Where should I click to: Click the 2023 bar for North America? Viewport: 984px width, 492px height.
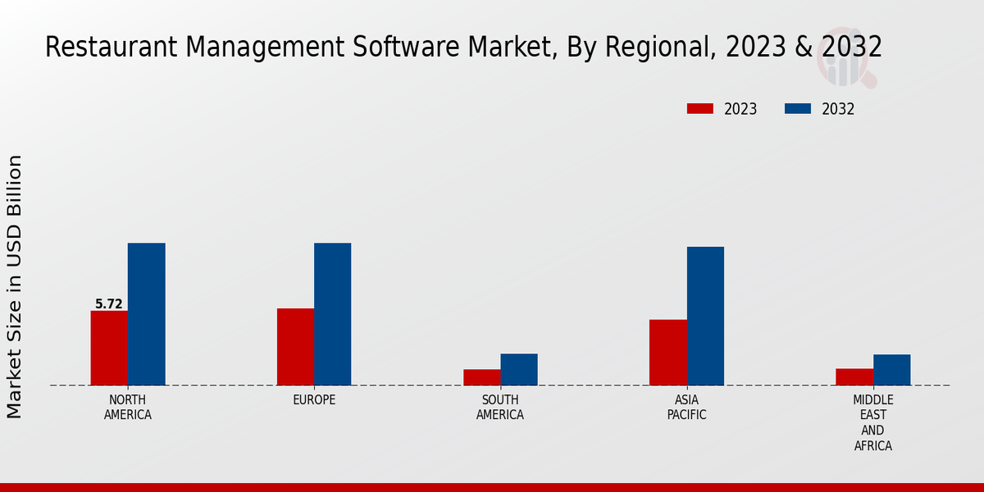109,348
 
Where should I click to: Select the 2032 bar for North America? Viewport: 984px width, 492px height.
146,314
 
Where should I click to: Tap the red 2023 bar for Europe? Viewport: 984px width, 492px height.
295,347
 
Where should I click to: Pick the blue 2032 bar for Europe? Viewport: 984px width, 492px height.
332,314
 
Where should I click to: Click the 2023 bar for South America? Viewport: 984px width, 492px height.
481,377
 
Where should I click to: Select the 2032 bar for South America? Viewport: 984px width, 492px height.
519,369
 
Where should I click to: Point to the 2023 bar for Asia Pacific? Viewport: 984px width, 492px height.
667,352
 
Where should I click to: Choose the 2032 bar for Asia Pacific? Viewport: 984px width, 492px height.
705,316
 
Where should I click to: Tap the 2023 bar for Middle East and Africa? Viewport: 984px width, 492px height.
854,376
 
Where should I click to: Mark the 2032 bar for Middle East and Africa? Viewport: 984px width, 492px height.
891,370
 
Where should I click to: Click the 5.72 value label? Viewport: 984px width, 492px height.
109,304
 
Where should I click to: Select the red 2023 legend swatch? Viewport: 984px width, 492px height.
700,109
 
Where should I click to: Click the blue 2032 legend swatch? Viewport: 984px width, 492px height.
798,109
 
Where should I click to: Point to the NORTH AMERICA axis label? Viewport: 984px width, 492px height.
128,408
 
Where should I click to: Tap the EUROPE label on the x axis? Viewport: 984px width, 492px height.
314,400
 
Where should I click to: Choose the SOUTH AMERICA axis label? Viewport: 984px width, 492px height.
500,408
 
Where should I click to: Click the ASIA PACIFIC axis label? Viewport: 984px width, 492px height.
686,408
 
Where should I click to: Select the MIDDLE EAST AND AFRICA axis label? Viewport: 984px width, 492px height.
872,423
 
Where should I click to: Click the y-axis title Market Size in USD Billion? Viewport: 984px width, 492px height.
15,286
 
